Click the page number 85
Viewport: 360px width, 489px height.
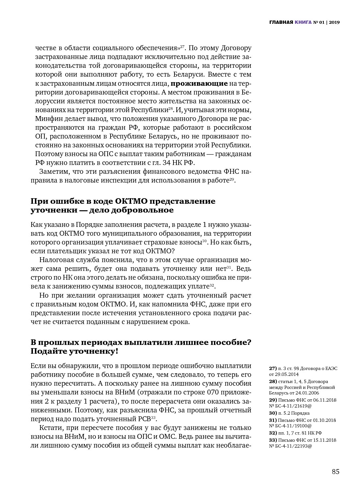point(336,472)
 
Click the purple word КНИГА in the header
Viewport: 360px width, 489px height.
point(303,22)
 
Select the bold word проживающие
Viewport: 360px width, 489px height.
point(199,83)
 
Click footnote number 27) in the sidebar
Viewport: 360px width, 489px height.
point(273,368)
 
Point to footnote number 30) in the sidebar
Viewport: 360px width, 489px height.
point(273,413)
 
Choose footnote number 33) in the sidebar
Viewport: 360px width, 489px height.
point(273,440)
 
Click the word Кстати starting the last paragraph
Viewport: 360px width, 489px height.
point(50,428)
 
